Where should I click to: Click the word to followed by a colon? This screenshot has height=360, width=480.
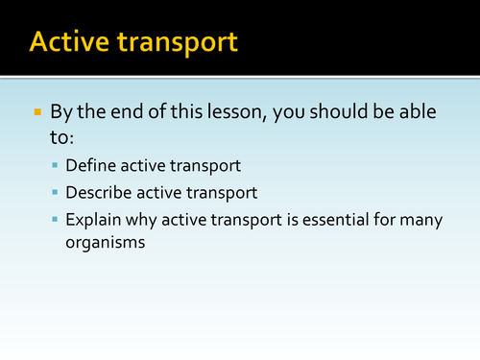click(65, 137)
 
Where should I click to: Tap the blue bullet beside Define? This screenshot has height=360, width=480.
click(57, 166)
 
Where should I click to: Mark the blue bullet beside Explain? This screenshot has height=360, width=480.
click(57, 220)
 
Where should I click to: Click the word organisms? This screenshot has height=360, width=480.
click(106, 243)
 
